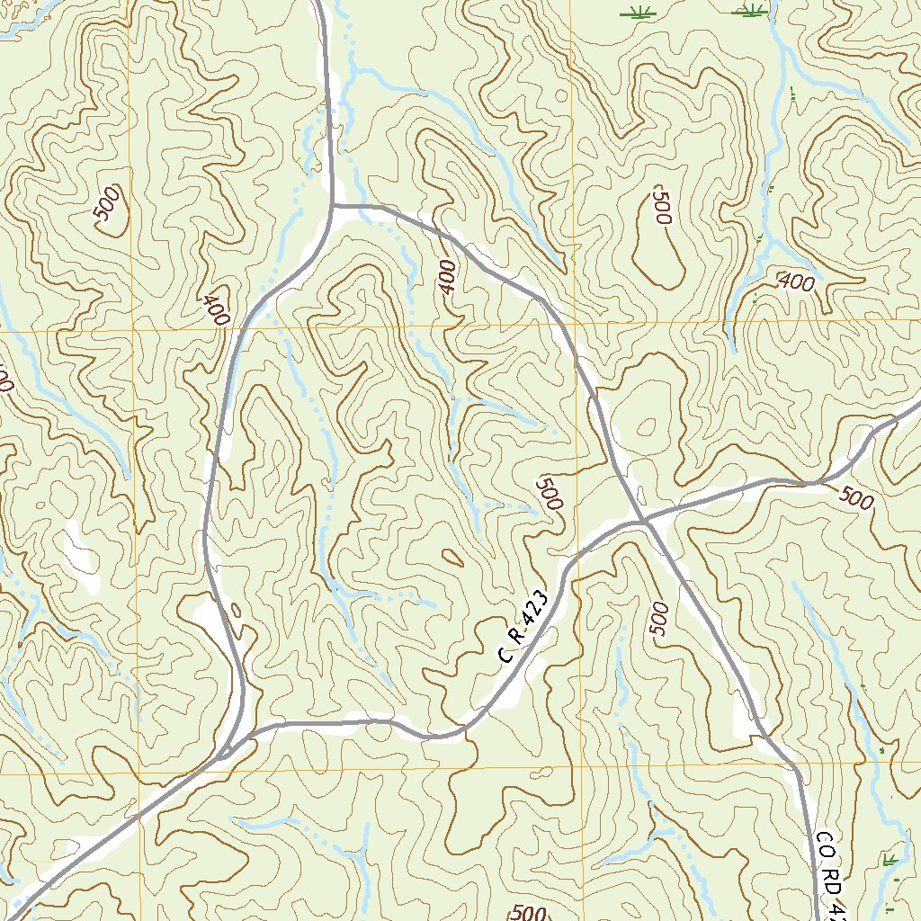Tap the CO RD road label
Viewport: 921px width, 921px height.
(x=829, y=872)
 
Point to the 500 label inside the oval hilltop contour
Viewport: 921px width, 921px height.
(x=663, y=207)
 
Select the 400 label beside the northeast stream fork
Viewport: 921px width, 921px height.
(x=797, y=283)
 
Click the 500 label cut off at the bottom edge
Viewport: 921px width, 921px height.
(x=529, y=913)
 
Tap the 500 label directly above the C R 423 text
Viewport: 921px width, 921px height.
(x=548, y=494)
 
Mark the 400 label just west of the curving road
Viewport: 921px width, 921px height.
(x=216, y=310)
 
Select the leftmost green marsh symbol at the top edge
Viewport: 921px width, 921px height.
(x=639, y=13)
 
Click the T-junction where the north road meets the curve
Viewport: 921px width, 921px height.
(x=332, y=206)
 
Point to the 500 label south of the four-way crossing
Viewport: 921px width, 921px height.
(x=659, y=619)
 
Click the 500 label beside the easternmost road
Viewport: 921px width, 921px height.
(x=857, y=496)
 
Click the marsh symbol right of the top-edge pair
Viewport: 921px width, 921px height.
(x=751, y=11)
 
